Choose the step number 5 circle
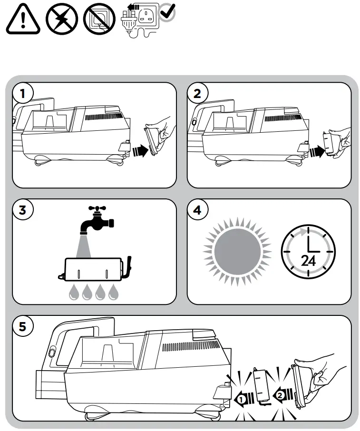coord(22,326)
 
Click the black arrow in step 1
coord(140,151)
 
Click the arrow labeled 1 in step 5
coord(243,399)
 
